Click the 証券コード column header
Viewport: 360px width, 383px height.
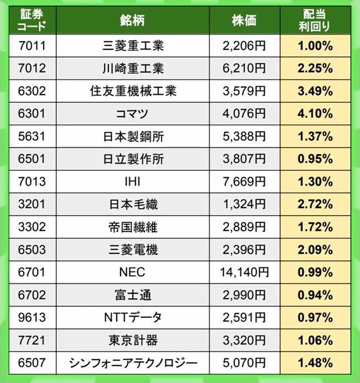click(31, 19)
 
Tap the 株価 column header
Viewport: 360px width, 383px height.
click(244, 19)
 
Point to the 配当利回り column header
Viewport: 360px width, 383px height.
click(315, 19)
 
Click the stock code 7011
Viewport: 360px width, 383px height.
click(31, 46)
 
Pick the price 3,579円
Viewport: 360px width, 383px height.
click(244, 91)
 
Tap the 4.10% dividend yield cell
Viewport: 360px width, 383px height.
click(315, 114)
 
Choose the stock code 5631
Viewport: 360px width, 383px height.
click(31, 136)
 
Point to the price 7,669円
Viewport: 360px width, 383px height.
click(244, 182)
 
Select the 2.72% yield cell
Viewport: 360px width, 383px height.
click(315, 205)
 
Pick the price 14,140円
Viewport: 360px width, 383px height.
click(244, 272)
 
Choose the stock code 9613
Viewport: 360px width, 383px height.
click(31, 318)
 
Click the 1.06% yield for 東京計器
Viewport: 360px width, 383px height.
click(315, 340)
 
